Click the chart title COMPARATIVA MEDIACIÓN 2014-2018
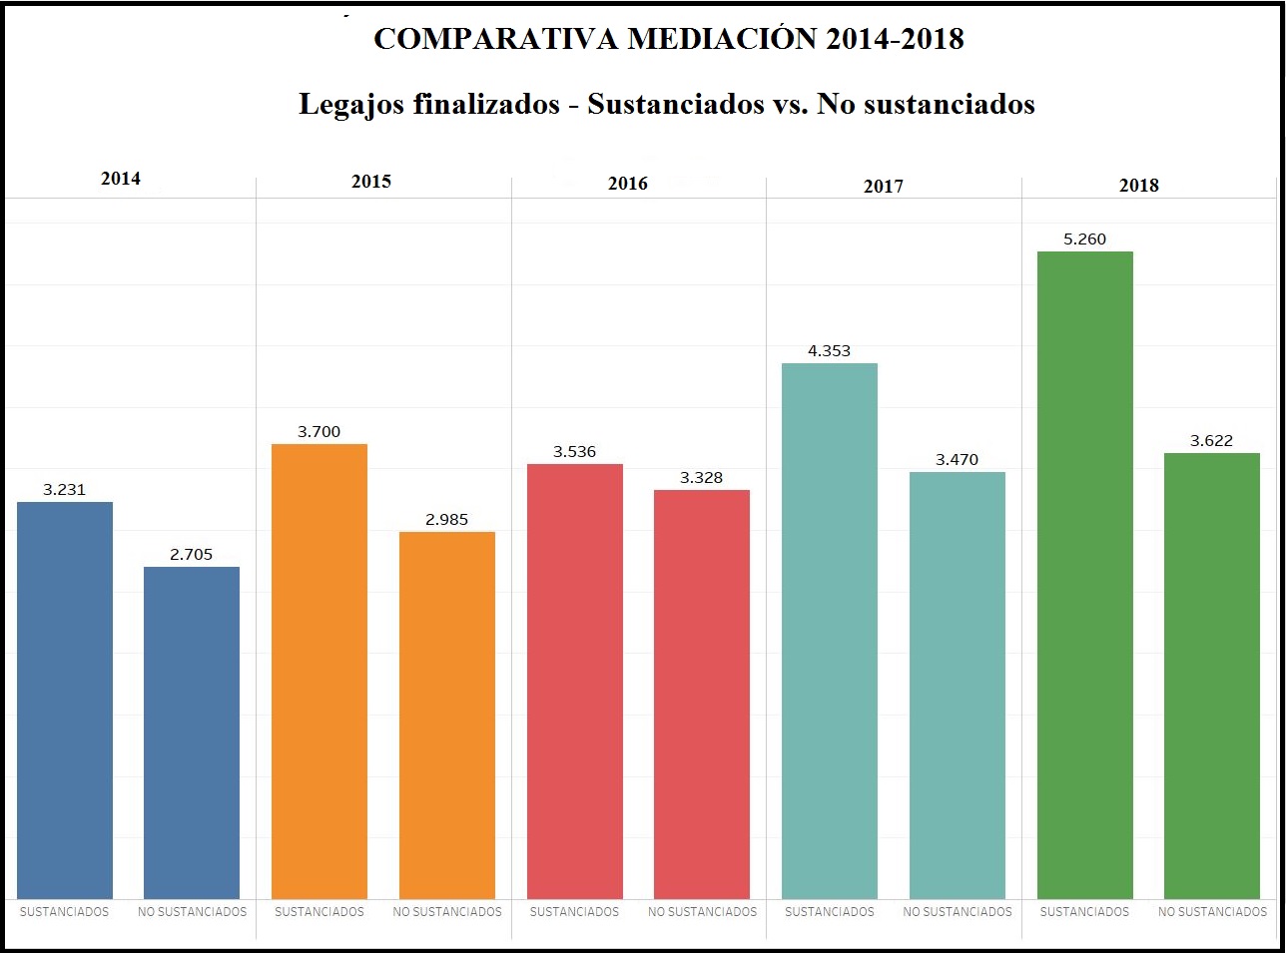coord(668,39)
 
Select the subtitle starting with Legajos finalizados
coord(666,104)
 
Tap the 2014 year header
coord(121,179)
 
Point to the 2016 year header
coord(627,184)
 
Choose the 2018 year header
coord(1138,186)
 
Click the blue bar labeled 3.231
coord(65,699)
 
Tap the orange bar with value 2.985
coord(446,715)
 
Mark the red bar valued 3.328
coord(702,694)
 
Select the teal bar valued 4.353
coord(829,630)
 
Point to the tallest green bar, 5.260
coord(1084,574)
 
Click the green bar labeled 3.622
coord(1212,675)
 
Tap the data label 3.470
coord(957,460)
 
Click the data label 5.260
coord(1084,239)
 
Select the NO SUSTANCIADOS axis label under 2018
coord(1212,912)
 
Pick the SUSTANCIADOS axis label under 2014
coord(65,912)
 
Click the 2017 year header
coord(883,187)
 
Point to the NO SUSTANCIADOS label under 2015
coord(446,912)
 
